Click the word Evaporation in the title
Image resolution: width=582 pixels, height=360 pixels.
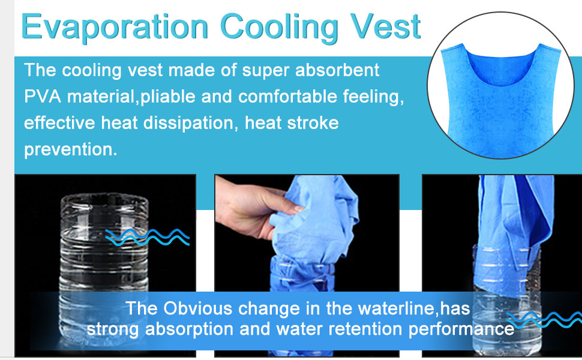[x=115, y=28]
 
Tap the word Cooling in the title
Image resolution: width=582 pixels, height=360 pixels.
[x=279, y=28]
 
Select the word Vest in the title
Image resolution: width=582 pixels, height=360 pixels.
[x=385, y=27]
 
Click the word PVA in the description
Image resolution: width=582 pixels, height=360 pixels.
[x=43, y=97]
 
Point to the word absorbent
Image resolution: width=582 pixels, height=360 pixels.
[x=337, y=70]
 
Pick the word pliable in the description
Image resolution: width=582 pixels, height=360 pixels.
[x=168, y=97]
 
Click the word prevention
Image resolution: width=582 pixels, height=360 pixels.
[x=71, y=150]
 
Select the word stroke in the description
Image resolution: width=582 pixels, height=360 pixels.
[x=313, y=123]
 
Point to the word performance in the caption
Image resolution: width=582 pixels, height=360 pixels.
[x=461, y=329]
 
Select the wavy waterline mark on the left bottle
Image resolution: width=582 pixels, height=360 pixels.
[x=148, y=237]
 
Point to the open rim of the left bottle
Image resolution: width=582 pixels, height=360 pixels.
[x=104, y=199]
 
